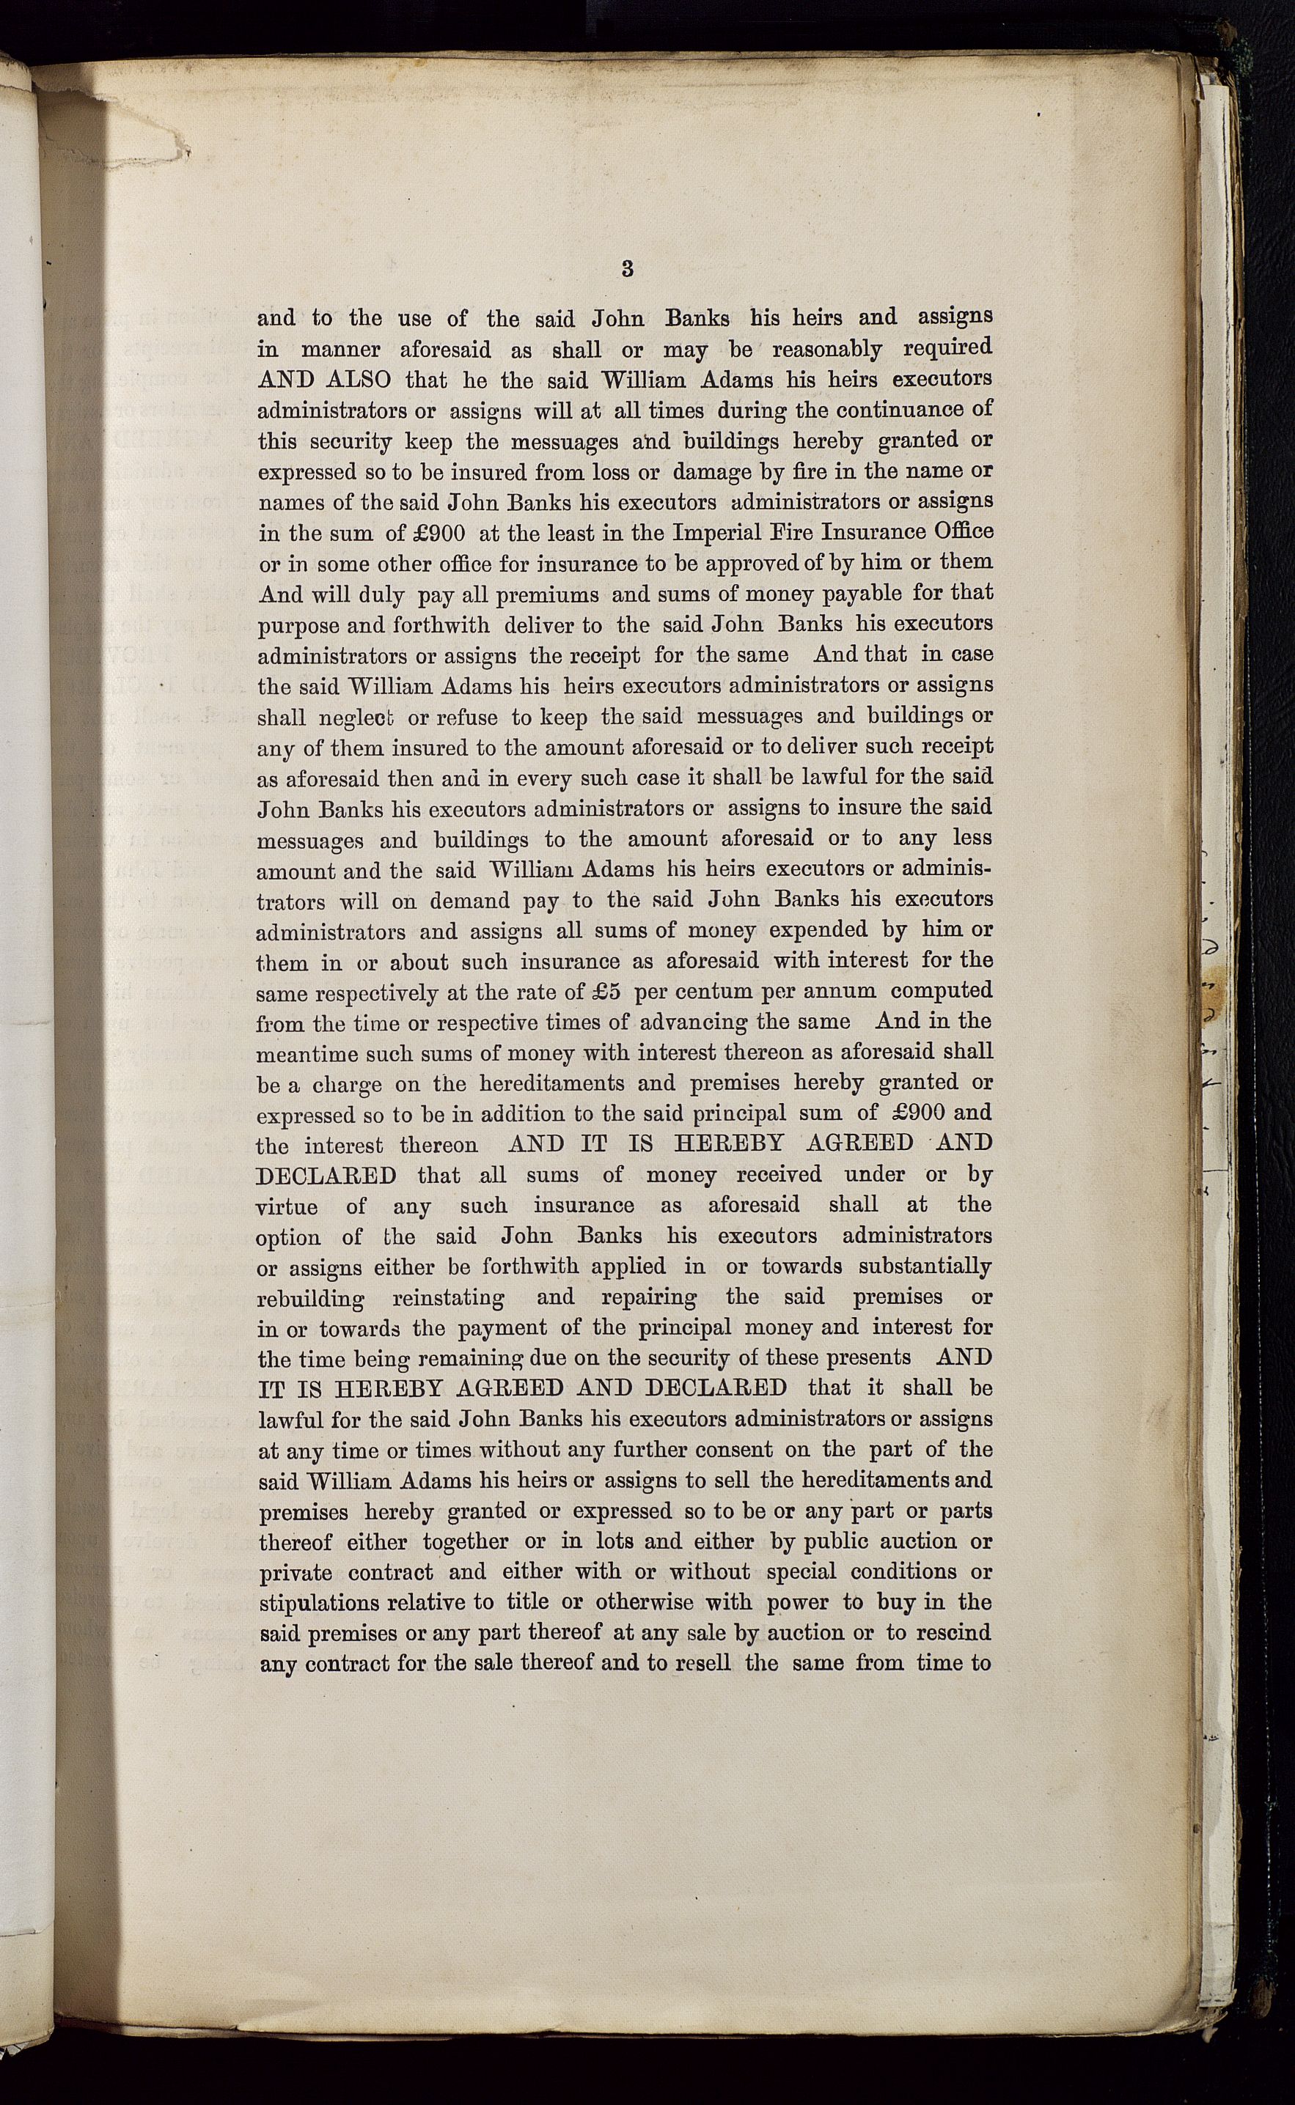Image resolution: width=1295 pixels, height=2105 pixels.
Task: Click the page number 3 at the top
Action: pos(627,269)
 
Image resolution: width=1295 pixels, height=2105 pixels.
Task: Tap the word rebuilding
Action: pos(311,1299)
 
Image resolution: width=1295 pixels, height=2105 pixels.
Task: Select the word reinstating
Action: pos(448,1299)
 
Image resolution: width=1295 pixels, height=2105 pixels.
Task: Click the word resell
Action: pos(703,1663)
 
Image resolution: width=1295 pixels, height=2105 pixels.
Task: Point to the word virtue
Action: pos(286,1206)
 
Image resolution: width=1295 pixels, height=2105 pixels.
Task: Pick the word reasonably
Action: pos(827,350)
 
